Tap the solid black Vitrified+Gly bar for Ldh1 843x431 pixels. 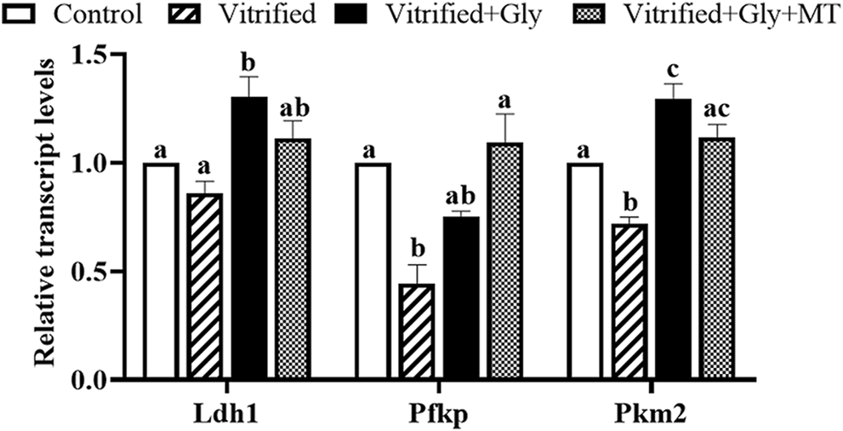248,238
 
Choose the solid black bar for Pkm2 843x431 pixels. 673,239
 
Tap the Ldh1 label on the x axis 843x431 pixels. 227,411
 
